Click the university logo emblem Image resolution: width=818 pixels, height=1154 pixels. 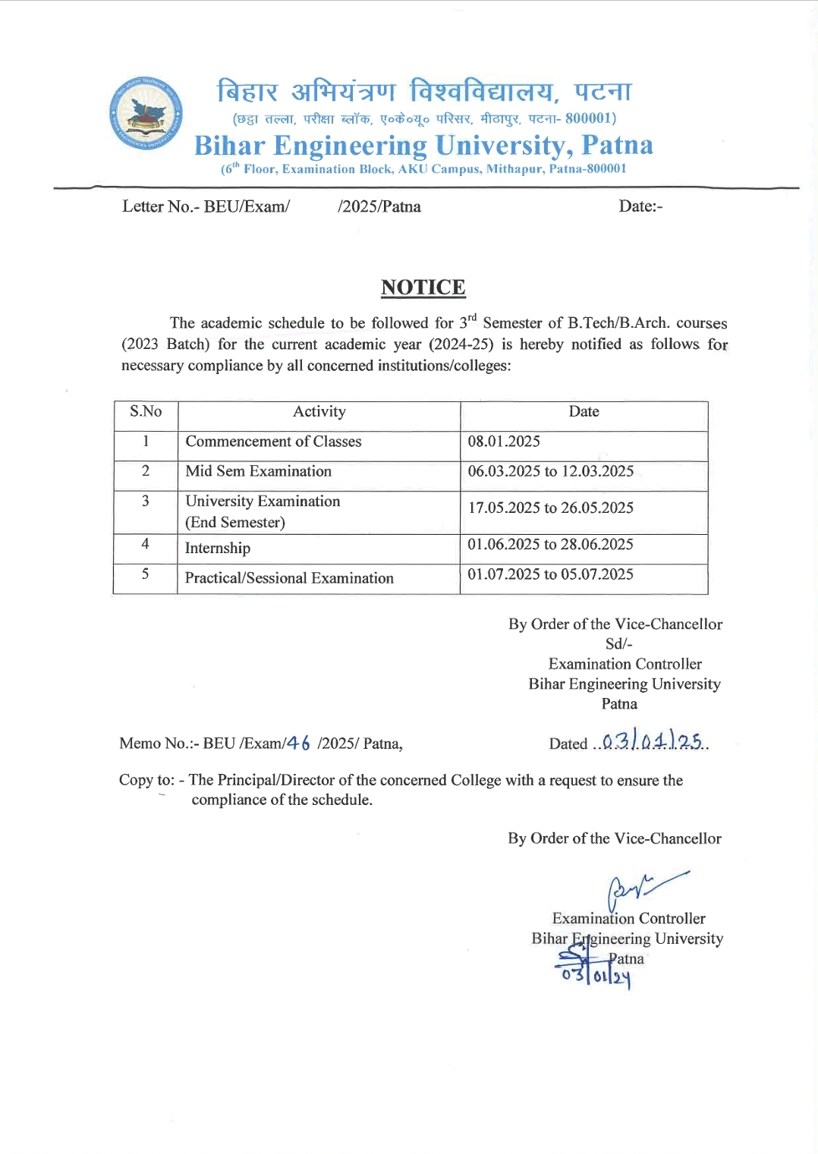coord(146,113)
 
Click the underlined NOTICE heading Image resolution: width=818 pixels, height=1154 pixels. coord(423,288)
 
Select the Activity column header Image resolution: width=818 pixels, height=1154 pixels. coord(319,412)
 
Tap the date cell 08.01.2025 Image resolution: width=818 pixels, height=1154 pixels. coord(504,442)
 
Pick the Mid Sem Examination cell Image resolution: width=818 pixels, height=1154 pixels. coord(258,471)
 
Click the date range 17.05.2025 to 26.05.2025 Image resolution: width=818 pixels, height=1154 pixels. coord(550,508)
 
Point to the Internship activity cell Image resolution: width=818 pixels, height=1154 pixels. coord(218,549)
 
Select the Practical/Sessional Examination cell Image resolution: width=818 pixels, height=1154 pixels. coord(289,578)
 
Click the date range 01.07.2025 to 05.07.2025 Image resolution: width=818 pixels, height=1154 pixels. coord(550,574)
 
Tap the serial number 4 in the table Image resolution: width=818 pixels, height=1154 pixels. coord(145,544)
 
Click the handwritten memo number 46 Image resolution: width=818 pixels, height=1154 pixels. coord(298,744)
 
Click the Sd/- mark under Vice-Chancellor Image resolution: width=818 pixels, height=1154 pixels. coord(618,644)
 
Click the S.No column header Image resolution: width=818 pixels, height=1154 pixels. coord(146,412)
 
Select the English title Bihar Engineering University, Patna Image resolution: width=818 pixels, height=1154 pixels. coord(423,145)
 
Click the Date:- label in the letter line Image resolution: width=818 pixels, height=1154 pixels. coord(640,206)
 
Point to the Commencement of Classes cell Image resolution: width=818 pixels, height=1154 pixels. coord(273,442)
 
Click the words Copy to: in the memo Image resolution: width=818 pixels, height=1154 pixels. coord(146,781)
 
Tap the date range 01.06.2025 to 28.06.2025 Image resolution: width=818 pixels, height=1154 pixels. coord(550,545)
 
